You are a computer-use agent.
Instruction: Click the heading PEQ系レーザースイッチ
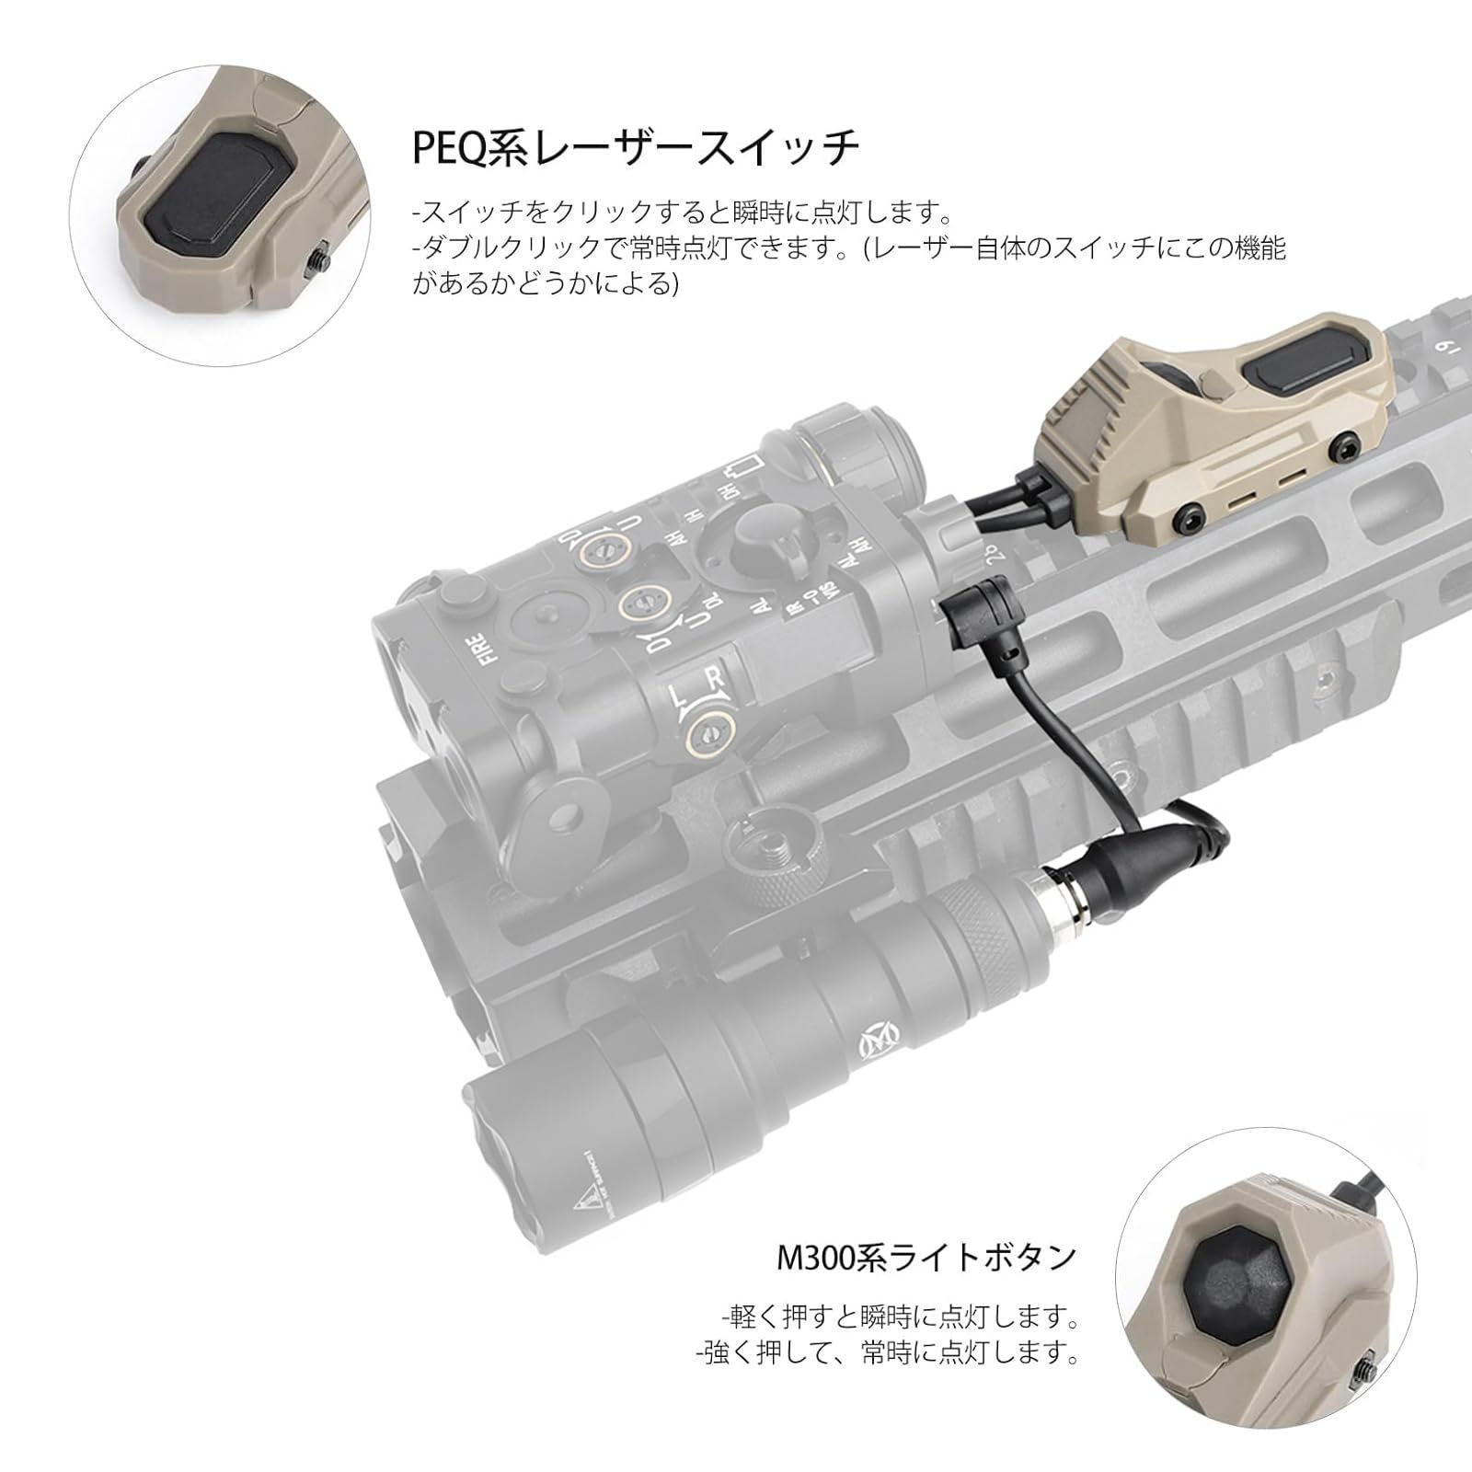pyautogui.click(x=635, y=147)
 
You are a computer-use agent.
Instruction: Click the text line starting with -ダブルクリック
pyautogui.click(x=846, y=248)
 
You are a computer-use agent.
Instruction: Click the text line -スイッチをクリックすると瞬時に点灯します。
pyautogui.click(x=681, y=213)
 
